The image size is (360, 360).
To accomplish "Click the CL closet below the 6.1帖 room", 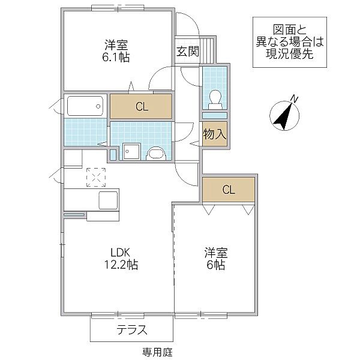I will [141, 107].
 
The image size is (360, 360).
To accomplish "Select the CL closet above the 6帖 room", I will [229, 190].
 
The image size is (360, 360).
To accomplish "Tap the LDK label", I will [118, 252].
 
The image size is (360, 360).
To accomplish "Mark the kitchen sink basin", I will [108, 200].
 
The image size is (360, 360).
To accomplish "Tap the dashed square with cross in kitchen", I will [95, 176].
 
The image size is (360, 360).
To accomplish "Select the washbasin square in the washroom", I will [131, 151].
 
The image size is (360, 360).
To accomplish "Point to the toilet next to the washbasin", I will [155, 154].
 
